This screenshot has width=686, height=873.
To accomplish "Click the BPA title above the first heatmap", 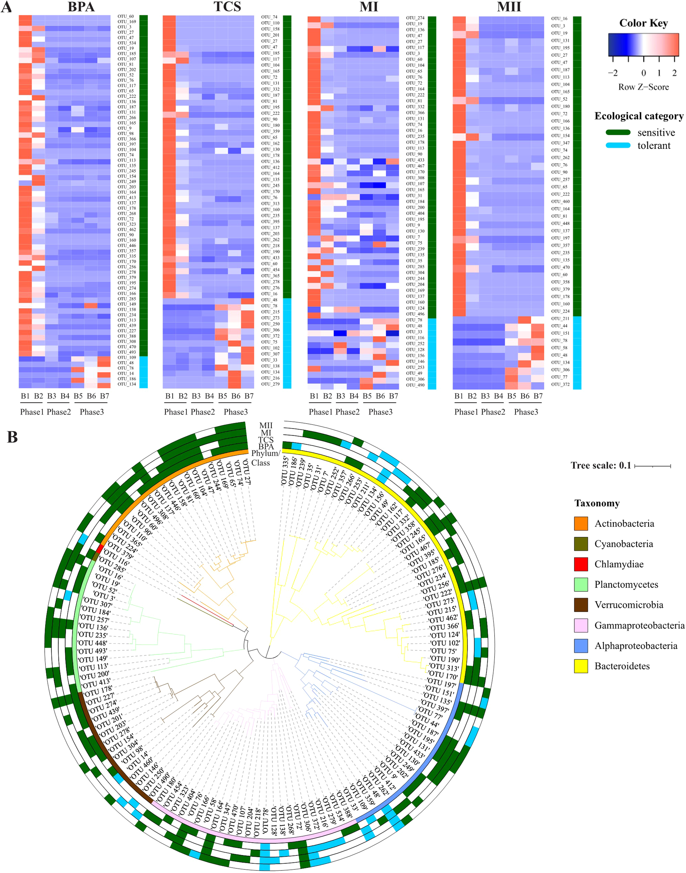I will tap(81, 7).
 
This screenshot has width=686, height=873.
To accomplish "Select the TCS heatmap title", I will tap(227, 7).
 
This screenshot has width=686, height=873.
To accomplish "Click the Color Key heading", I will tap(643, 23).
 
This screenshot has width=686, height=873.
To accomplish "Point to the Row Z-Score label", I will tap(643, 87).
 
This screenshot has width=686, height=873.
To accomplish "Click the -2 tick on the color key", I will tap(613, 73).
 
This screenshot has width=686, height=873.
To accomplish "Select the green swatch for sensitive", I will tap(618, 133).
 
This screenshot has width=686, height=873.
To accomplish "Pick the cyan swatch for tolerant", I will tap(618, 145).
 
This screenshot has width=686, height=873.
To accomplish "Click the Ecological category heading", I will tap(639, 116).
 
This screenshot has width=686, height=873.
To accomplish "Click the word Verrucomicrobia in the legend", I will tap(629, 605).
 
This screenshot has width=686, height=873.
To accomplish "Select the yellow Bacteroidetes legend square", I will tap(581, 666).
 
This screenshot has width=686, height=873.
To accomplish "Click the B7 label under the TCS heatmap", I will tap(249, 396).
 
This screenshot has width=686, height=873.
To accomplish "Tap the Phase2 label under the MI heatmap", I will tap(347, 412).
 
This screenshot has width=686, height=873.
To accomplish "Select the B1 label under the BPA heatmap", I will tap(25, 396).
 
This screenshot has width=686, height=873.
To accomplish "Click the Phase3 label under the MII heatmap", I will tap(526, 412).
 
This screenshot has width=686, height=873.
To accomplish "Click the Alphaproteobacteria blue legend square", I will tap(581, 646).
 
